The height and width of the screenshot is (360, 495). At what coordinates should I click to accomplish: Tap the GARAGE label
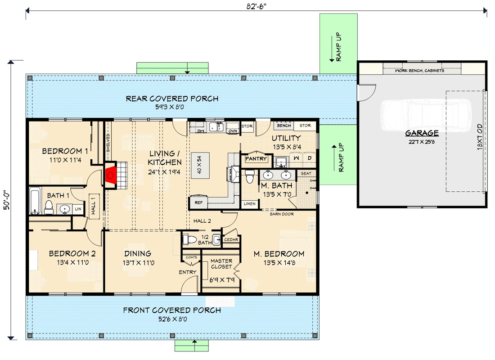[422, 133]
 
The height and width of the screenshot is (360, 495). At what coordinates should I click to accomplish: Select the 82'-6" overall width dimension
[256, 6]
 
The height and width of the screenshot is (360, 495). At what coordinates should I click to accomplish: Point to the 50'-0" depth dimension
[7, 200]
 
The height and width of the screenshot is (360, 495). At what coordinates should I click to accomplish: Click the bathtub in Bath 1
[35, 201]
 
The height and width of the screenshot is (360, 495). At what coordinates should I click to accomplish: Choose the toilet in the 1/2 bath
[190, 239]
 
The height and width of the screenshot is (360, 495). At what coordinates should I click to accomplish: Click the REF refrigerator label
[198, 202]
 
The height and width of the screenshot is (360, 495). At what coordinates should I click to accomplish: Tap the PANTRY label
[256, 159]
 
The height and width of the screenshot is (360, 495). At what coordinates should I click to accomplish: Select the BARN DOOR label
[282, 214]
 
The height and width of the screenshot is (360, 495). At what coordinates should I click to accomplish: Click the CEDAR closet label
[231, 240]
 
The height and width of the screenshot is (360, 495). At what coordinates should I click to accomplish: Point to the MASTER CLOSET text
[221, 264]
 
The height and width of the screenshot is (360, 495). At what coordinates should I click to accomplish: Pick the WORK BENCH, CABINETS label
[419, 70]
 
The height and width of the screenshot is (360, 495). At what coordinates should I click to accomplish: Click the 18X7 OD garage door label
[480, 137]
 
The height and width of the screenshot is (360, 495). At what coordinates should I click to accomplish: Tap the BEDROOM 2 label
[72, 254]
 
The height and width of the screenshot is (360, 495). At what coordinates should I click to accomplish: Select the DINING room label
[138, 254]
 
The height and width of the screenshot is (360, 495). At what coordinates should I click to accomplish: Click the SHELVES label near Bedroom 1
[108, 143]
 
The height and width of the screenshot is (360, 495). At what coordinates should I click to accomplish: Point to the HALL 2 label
[202, 221]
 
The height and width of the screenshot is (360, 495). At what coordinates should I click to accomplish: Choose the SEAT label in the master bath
[306, 173]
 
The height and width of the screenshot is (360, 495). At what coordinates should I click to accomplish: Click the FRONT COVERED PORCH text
[172, 310]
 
